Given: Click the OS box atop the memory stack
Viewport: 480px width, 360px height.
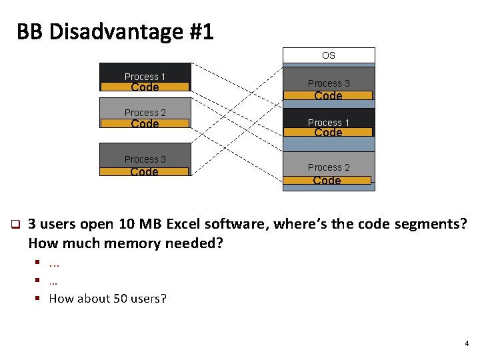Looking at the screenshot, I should point(329,55).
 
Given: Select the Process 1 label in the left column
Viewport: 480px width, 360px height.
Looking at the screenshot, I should point(145,77).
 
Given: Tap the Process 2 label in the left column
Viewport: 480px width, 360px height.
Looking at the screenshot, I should point(145,113).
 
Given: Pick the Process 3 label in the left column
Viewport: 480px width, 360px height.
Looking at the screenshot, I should point(145,159).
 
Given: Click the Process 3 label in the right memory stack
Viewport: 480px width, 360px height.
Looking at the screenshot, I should point(328,83).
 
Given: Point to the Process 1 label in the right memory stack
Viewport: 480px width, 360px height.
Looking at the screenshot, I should point(328,123).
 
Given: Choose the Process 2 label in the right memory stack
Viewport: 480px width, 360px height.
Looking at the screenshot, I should point(328,167).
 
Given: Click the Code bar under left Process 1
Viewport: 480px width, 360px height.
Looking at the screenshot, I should point(145,87).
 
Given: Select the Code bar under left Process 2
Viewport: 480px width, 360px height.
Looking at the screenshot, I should point(145,123).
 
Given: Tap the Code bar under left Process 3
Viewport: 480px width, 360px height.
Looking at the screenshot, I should point(145,172).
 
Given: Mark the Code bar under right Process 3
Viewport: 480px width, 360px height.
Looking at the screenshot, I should point(328,96).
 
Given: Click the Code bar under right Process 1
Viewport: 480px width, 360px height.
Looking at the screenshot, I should point(328,133).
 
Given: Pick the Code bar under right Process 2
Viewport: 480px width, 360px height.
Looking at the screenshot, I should point(327,181).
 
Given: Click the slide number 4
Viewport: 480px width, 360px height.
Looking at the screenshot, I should point(467,344).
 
